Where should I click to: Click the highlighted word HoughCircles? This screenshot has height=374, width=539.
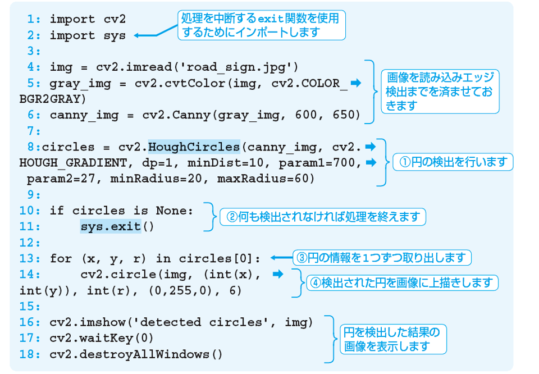[x=194, y=147]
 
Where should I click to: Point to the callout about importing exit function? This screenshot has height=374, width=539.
[x=261, y=25]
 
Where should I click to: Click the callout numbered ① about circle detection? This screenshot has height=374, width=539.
[x=453, y=162]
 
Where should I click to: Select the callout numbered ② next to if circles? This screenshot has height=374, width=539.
[x=323, y=217]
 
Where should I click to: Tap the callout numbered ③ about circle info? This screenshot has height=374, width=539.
[x=381, y=258]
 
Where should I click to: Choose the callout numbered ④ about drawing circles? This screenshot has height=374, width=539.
[x=401, y=282]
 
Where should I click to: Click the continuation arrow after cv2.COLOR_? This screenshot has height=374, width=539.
[x=355, y=83]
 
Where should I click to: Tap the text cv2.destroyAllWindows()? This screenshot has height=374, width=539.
[x=136, y=354]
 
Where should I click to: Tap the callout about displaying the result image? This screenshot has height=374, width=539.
[x=392, y=339]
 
